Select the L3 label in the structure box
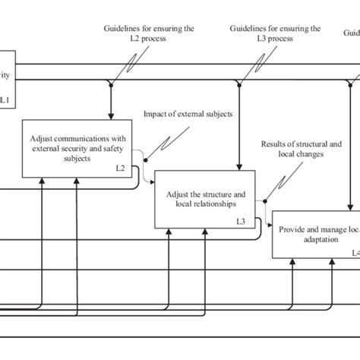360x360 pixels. pyautogui.click(x=240, y=221)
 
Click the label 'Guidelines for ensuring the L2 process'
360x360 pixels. pyautogui.click(x=149, y=33)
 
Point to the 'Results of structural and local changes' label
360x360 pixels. pyautogui.click(x=302, y=147)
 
